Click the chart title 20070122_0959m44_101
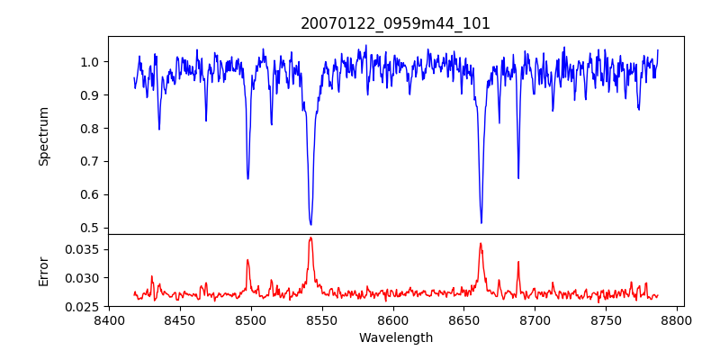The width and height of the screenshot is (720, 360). [395, 23]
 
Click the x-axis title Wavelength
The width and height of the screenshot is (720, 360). [395, 338]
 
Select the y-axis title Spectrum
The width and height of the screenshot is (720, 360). [43, 136]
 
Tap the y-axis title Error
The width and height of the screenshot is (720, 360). [43, 271]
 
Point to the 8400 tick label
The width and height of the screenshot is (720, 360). [109, 319]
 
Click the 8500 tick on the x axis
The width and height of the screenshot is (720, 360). [251, 319]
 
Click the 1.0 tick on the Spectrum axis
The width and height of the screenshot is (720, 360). [90, 62]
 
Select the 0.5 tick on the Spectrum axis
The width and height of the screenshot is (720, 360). [90, 228]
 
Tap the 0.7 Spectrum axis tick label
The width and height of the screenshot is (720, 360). [90, 162]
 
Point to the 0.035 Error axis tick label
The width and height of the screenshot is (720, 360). [85, 249]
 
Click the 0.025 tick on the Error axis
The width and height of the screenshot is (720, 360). [85, 307]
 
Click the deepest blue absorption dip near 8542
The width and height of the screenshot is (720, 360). [310, 224]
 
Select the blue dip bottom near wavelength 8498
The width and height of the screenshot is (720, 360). [247, 178]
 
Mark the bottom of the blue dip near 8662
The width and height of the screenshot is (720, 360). [481, 222]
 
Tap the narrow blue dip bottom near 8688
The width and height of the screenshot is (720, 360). [518, 177]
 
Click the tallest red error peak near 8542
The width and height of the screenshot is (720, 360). [310, 238]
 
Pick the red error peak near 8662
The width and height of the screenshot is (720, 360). [481, 243]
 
